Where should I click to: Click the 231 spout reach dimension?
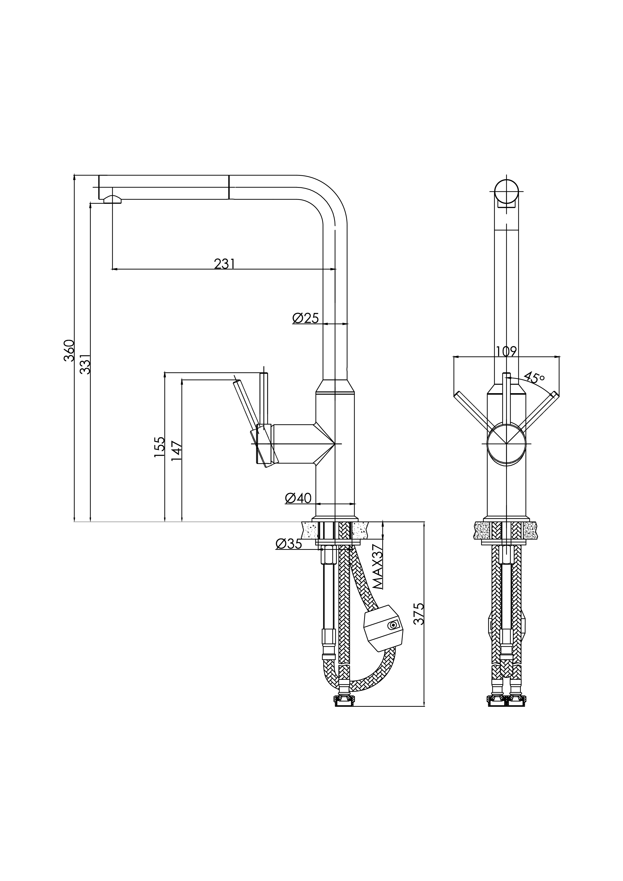coord(224,264)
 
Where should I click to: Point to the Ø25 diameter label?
coord(305,318)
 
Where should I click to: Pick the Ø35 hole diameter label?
coord(289,544)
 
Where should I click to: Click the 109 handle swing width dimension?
coord(506,351)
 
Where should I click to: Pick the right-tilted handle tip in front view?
coord(554,394)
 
